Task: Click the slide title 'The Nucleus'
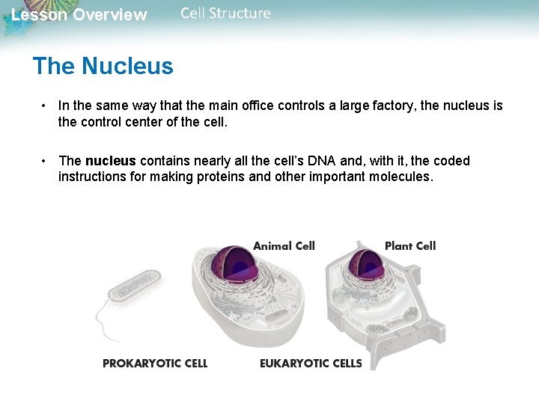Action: [x=103, y=66]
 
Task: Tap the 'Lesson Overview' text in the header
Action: [x=79, y=15]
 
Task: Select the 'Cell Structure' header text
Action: [x=225, y=13]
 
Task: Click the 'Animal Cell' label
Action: [x=284, y=245]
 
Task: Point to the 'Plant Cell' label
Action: [x=409, y=245]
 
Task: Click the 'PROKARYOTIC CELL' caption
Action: [x=155, y=364]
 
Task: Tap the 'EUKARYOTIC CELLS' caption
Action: [x=311, y=364]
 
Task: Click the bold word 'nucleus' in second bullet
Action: [x=110, y=161]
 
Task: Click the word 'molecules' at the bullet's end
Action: [x=401, y=177]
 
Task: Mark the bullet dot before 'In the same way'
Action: [x=46, y=105]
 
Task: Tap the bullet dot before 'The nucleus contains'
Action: [x=46, y=161]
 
